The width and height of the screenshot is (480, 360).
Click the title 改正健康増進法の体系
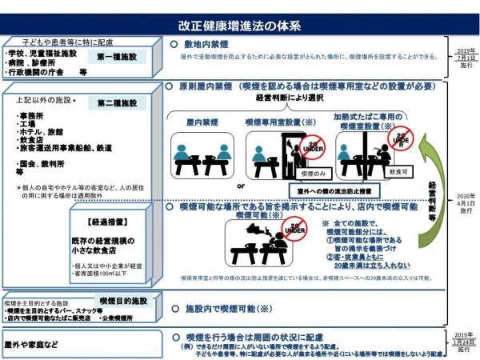pos(240,26)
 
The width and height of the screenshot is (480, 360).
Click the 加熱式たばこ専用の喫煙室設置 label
pos(364,120)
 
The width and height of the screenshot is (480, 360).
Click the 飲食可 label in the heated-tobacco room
pos(398,172)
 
